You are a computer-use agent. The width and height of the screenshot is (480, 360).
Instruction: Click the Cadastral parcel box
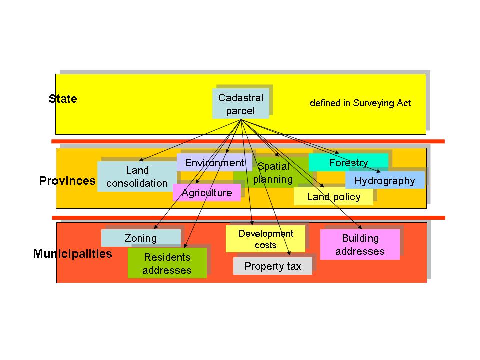coord(241,104)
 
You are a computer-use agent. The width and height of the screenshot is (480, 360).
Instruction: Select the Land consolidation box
coord(137,176)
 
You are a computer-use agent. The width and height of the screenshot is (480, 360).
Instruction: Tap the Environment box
coord(214,162)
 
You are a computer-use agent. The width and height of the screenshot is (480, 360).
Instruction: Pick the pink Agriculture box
coord(207,193)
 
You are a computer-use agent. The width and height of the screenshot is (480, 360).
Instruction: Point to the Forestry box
coord(348,162)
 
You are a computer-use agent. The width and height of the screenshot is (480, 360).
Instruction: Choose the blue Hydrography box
coord(385,180)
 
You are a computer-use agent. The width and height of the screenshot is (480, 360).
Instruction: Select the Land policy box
coord(333,197)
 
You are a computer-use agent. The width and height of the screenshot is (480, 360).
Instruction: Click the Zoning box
coord(141,238)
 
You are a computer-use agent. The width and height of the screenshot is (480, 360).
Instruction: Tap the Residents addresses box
coord(167,263)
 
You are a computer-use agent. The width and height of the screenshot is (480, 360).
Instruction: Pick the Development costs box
coord(265,239)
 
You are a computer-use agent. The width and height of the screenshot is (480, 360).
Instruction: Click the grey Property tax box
coord(273,266)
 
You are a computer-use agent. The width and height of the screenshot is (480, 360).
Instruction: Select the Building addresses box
coord(360,244)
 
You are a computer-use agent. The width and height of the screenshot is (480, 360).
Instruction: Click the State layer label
coord(63,99)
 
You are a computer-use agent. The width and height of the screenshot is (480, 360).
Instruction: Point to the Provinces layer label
coord(67,181)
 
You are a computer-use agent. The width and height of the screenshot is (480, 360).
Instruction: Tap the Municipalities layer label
coord(73,254)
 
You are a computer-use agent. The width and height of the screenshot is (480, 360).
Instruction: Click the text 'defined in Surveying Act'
coord(360,103)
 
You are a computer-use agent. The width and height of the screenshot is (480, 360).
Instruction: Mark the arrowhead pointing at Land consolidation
coord(141,160)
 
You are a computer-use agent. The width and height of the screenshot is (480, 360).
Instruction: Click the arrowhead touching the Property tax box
coord(289,253)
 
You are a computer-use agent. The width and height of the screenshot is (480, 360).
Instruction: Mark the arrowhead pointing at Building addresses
coord(360,227)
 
